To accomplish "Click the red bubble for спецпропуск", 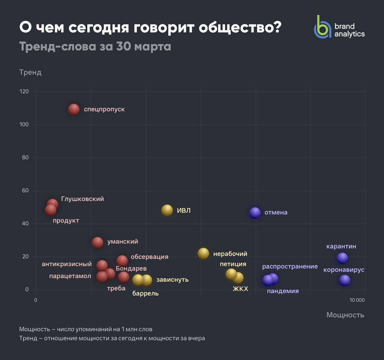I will tap(74, 109).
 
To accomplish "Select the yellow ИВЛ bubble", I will tap(167, 210).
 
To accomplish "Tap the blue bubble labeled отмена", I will tap(255, 213).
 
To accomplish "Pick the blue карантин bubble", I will tap(342, 258).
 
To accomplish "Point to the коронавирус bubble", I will tap(345, 280).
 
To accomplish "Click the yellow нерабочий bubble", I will tap(203, 253).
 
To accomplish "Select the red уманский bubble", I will tap(97, 242).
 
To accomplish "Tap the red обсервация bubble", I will tap(122, 260).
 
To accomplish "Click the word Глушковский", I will tap(82, 199).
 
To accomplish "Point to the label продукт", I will tap(66, 220).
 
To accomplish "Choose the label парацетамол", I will tap(70, 276).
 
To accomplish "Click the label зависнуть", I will tap(172, 280).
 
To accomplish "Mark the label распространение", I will tap(290, 266).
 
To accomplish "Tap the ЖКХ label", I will tap(241, 289).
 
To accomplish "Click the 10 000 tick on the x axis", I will tap(357, 300).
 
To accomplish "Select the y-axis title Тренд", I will tap(30, 72).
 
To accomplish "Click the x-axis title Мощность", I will tap(345, 315).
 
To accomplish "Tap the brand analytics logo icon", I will tap(322, 27).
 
